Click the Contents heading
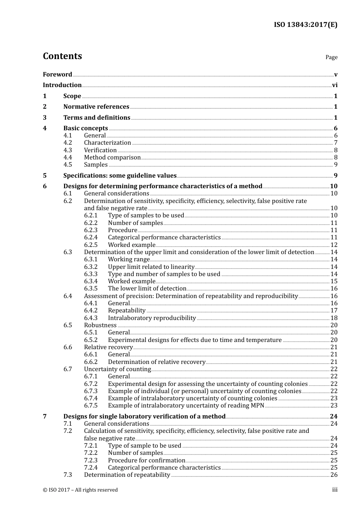[x=62, y=56]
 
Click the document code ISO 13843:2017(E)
[x=305, y=25]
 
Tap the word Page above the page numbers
[x=331, y=57]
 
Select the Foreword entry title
[x=57, y=74]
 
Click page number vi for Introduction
[x=335, y=85]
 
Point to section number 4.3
[x=67, y=150]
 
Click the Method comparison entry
[x=112, y=158]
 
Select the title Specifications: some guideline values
[x=120, y=175]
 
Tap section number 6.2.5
[x=91, y=245]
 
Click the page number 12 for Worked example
[x=334, y=245]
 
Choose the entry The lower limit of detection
[x=147, y=289]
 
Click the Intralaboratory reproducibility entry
[x=152, y=318]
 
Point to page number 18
[x=334, y=318]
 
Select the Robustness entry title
[x=100, y=325]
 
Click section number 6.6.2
[x=91, y=362]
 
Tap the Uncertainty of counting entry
[x=117, y=369]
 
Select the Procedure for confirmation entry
[x=147, y=461]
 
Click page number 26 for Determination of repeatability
[x=334, y=475]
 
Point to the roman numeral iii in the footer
[x=335, y=490]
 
